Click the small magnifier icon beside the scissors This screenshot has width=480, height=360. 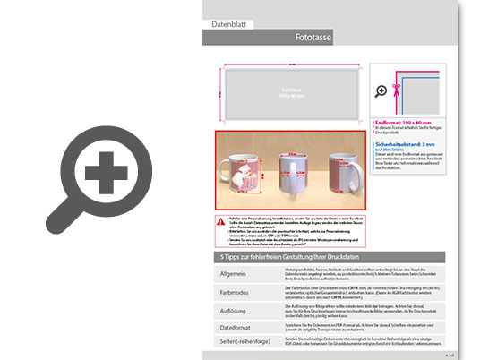click(382, 90)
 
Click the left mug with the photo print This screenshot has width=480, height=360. click(243, 169)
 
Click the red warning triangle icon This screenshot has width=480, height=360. click(220, 220)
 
